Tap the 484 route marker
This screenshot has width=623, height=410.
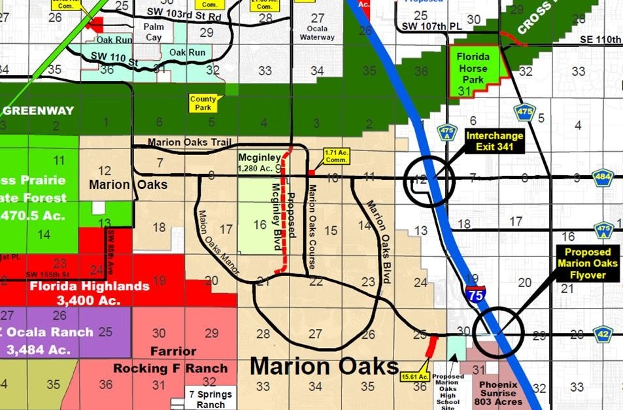pyautogui.click(x=602, y=177)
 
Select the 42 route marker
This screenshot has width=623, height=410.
pyautogui.click(x=602, y=334)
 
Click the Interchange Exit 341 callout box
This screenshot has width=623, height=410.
pyautogui.click(x=494, y=142)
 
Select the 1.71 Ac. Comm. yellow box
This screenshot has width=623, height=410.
pyautogui.click(x=337, y=157)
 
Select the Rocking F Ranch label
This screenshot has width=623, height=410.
pyautogui.click(x=170, y=368)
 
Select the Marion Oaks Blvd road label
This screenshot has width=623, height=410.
pyautogui.click(x=378, y=241)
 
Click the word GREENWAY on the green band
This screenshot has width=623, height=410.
pyautogui.click(x=37, y=111)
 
